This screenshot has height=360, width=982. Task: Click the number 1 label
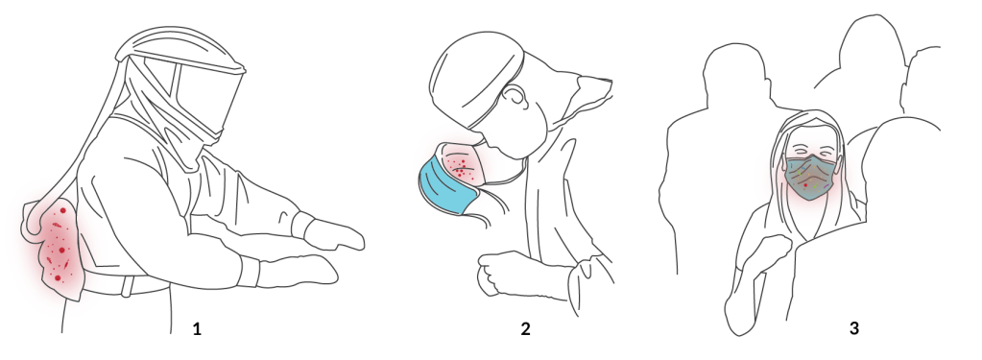(197, 328)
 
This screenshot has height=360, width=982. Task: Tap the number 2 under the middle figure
(525, 328)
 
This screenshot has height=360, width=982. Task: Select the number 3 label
(854, 328)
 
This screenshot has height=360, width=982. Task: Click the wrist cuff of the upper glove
(301, 225)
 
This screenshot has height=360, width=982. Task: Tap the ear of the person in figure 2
(515, 96)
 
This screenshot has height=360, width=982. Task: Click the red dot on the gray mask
(805, 185)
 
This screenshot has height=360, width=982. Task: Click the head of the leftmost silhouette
(735, 72)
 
